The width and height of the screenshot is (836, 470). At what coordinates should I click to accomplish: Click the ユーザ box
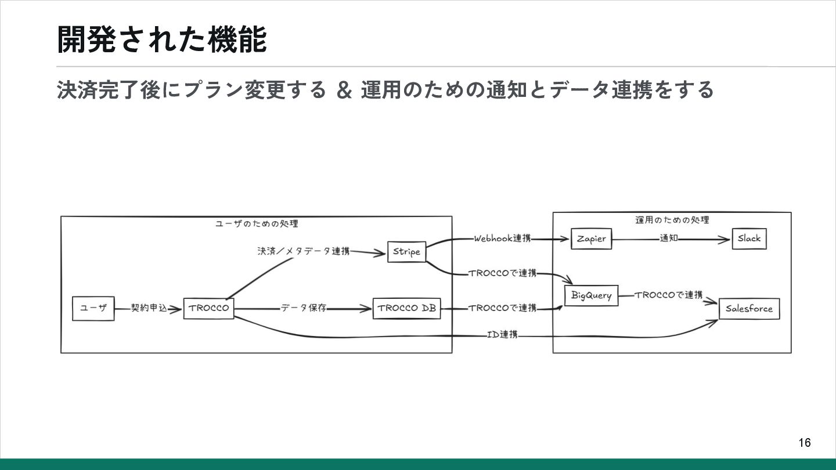(x=93, y=308)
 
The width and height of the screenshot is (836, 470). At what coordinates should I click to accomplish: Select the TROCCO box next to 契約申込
(x=208, y=308)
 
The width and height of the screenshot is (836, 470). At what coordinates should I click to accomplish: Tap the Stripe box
(x=406, y=252)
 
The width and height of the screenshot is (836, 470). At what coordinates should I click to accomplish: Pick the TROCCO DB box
(x=406, y=308)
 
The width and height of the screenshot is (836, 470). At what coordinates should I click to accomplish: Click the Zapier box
(x=591, y=238)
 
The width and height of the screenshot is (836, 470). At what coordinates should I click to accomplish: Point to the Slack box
(x=749, y=238)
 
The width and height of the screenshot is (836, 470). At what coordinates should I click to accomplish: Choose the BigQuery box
(x=591, y=295)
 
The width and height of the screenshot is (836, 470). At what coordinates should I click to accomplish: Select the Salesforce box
(x=749, y=309)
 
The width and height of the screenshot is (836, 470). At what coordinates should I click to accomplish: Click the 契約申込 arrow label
(x=149, y=308)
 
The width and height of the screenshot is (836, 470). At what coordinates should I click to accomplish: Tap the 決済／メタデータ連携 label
(x=304, y=251)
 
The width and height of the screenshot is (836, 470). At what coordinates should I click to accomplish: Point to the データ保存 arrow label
(x=304, y=308)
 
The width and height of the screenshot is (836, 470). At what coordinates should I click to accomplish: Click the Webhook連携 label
(x=502, y=238)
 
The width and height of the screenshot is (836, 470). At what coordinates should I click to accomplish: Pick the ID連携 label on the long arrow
(x=502, y=335)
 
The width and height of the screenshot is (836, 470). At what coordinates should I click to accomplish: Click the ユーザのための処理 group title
(x=257, y=223)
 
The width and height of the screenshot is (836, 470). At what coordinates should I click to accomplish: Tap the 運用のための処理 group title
(x=672, y=220)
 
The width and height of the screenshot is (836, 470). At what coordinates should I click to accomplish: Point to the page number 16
(x=804, y=443)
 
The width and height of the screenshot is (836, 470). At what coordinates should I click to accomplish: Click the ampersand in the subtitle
(x=344, y=91)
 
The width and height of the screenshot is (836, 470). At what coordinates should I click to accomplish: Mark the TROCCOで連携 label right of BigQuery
(x=668, y=295)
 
